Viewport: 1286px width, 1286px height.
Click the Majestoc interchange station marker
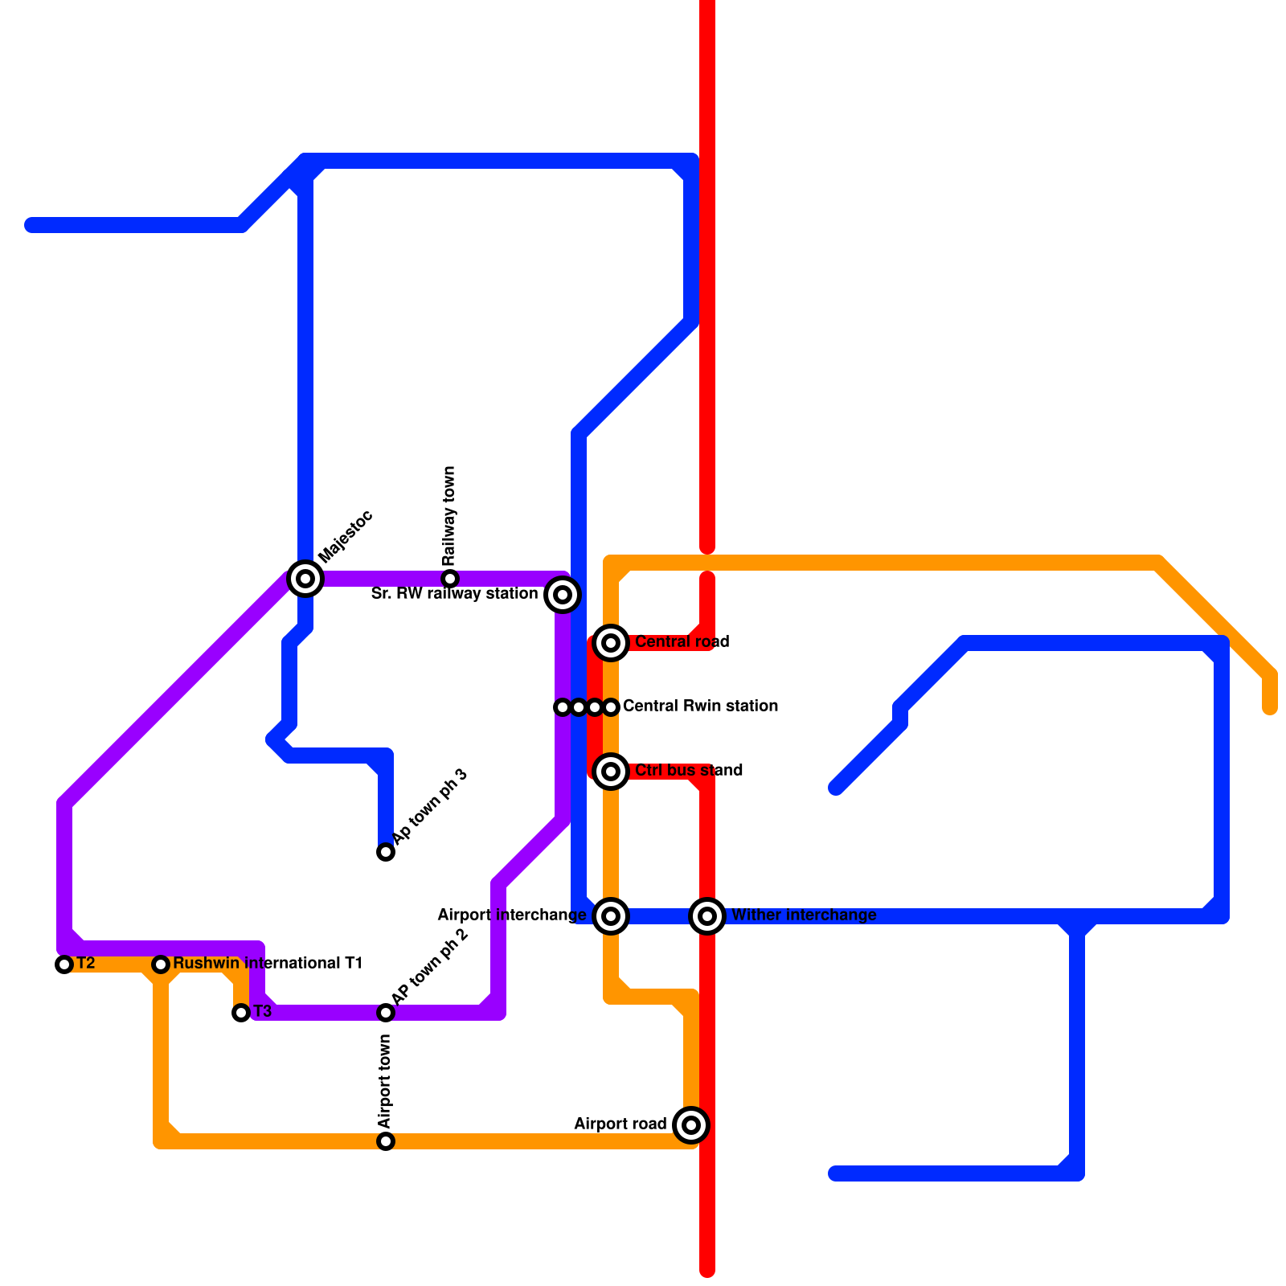click(x=305, y=578)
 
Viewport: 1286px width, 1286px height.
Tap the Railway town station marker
click(x=450, y=578)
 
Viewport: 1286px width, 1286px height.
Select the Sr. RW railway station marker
click(x=563, y=595)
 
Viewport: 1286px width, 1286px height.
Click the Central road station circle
click(x=611, y=643)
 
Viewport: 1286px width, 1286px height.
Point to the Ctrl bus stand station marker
click(x=611, y=772)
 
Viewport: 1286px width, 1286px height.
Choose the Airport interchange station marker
click(x=611, y=916)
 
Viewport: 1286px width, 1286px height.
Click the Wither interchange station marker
click(x=707, y=915)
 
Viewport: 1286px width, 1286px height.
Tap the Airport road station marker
click(x=691, y=1125)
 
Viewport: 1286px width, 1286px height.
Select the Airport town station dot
click(x=386, y=1141)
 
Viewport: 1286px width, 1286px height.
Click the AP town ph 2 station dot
click(x=386, y=1013)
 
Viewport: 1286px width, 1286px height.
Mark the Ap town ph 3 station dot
click(x=386, y=852)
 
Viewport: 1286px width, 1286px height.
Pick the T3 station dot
click(x=241, y=1013)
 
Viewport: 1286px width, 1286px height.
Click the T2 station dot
click(x=64, y=964)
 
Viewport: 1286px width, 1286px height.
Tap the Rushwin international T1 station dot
click(x=161, y=964)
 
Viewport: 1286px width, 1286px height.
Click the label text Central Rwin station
click(x=700, y=706)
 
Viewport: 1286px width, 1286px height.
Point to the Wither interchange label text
click(x=804, y=915)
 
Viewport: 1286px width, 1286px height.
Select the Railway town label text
click(x=449, y=515)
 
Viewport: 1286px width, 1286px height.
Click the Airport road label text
click(x=620, y=1124)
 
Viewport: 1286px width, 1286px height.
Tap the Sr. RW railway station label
click(x=454, y=594)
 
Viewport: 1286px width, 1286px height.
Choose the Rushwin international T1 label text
click(x=268, y=964)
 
